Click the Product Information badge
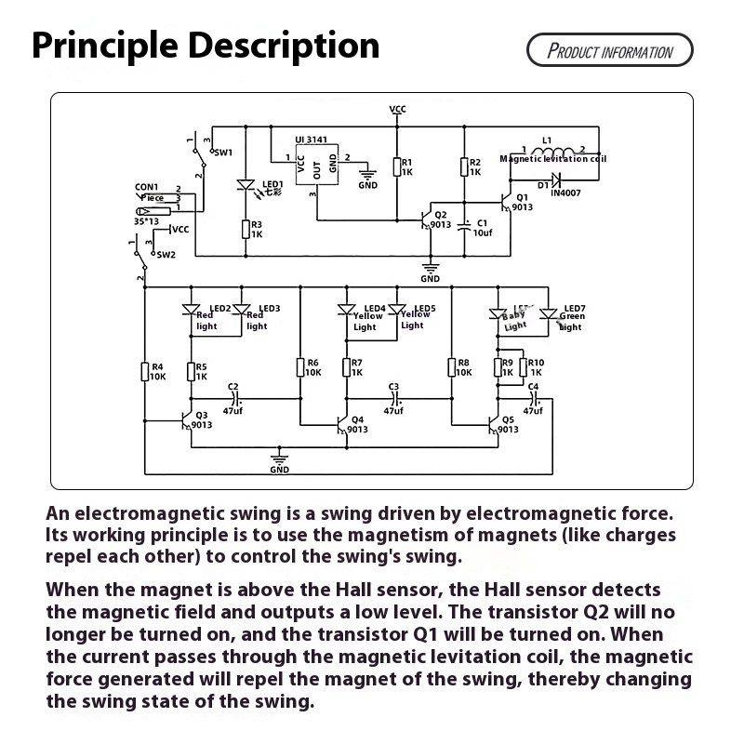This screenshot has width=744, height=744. [x=609, y=50]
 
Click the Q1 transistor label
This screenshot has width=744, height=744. [x=522, y=197]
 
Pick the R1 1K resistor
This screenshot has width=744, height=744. [x=398, y=167]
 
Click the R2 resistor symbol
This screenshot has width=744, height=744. [x=465, y=167]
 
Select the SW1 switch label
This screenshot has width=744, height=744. [x=223, y=152]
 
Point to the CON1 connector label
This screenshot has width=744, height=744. [x=147, y=187]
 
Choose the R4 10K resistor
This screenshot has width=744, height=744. [x=146, y=372]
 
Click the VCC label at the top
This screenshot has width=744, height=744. [x=398, y=109]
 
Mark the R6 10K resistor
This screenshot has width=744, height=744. [x=300, y=368]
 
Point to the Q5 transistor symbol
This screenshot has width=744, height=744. [x=494, y=424]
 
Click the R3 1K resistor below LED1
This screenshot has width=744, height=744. [x=246, y=229]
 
